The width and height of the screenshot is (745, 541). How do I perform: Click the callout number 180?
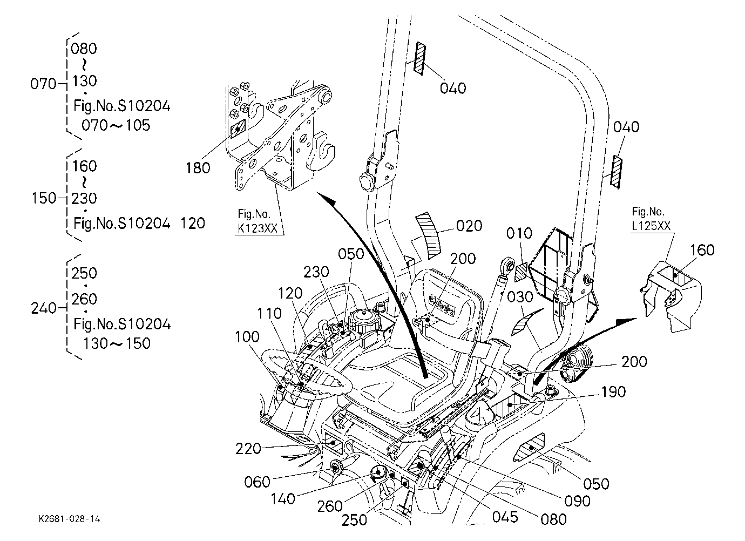[x=198, y=168]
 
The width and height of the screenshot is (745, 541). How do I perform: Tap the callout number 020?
[x=469, y=226]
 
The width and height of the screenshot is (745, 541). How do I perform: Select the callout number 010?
[x=519, y=234]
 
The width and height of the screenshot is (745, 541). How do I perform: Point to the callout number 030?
[x=520, y=297]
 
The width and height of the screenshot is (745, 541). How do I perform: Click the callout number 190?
[x=613, y=392]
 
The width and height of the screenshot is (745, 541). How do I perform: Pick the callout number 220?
[x=248, y=449]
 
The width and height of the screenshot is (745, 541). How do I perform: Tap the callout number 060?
[x=257, y=482]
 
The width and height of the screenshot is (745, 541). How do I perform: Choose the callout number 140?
[x=283, y=499]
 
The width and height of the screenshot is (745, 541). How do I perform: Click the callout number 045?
[x=505, y=517]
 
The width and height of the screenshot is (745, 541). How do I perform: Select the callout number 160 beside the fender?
[x=702, y=250]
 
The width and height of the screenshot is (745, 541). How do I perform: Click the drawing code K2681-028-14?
[x=69, y=519]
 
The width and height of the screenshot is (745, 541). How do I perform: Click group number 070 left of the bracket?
[x=43, y=84]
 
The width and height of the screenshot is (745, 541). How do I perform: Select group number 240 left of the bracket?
[x=44, y=308]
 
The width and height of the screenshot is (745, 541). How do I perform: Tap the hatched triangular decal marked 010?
[x=521, y=272]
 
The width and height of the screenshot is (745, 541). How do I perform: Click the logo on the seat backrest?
[x=442, y=305]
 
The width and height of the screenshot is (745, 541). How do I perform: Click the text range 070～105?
[x=116, y=125]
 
